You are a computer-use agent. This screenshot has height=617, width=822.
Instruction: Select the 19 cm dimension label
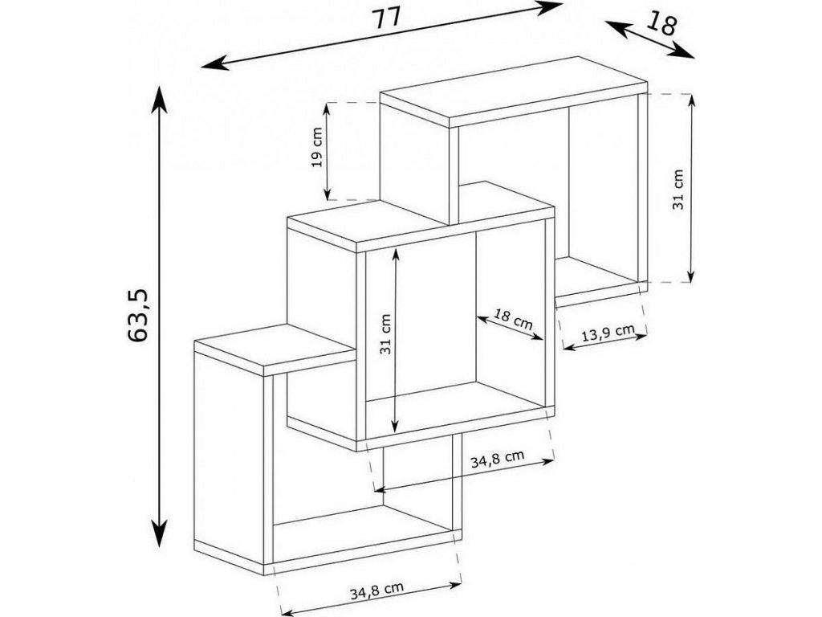[x=317, y=147]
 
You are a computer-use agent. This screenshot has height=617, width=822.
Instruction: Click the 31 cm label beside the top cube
[x=678, y=189]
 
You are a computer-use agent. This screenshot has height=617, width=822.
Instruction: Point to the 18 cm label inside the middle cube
[x=512, y=320]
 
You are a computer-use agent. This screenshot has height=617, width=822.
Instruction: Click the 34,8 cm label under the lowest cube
[x=376, y=592]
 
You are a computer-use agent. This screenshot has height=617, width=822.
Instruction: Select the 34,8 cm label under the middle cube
[x=497, y=459]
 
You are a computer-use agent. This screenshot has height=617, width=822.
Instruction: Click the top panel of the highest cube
[x=514, y=89]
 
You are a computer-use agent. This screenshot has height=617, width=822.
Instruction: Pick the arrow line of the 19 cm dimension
[x=328, y=151]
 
